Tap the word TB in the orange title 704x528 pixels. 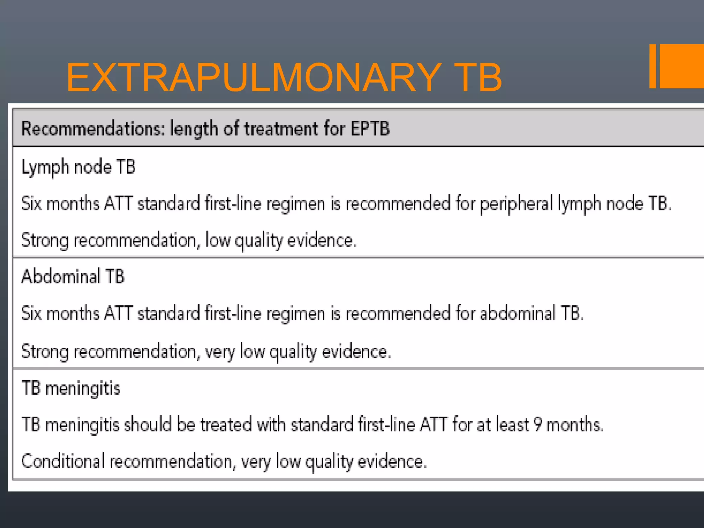point(478,78)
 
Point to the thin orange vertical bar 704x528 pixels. point(652,66)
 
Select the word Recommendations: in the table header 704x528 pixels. point(93,129)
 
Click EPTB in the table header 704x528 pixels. point(370,129)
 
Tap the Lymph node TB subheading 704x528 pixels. point(78,167)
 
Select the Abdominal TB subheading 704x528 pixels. point(73,276)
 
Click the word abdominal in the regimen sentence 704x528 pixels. point(517,313)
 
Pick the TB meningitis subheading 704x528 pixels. point(71,388)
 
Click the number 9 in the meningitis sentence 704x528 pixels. point(538,425)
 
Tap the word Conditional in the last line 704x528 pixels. point(63,461)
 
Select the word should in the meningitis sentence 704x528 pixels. point(147,425)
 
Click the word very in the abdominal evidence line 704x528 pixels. point(220,352)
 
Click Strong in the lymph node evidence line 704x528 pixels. point(45,240)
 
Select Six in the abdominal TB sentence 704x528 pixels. point(32,313)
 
